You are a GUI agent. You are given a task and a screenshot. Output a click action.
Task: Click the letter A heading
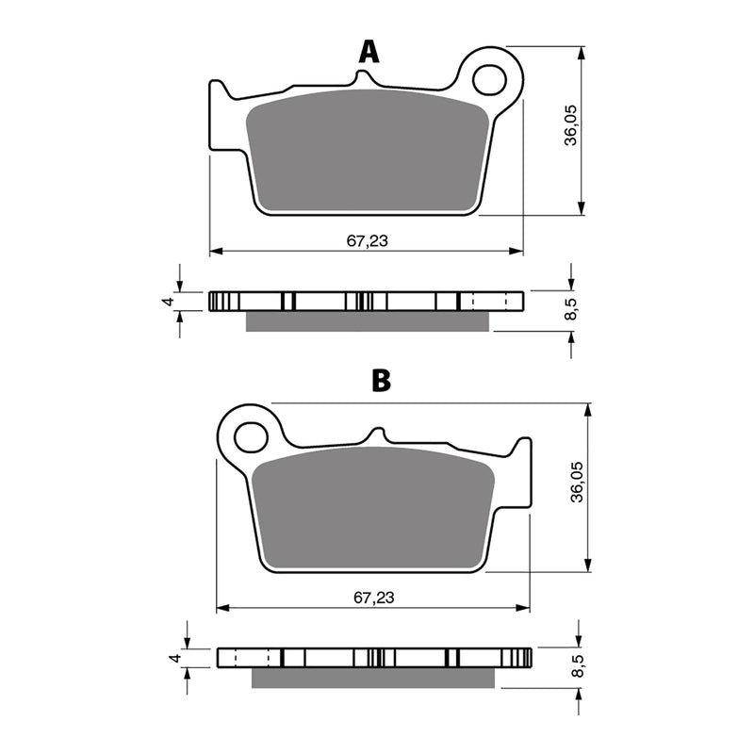pyautogui.click(x=369, y=52)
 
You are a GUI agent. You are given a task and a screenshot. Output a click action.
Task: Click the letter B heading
pyautogui.click(x=380, y=381)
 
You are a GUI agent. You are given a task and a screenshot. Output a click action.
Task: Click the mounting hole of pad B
pyautogui.click(x=251, y=437)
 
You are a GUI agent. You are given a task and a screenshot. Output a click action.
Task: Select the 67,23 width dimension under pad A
pyautogui.click(x=367, y=240)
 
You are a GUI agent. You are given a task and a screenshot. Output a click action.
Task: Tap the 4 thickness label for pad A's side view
pyautogui.click(x=165, y=302)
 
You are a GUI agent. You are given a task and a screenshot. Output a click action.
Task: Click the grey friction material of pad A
pyautogui.click(x=368, y=151)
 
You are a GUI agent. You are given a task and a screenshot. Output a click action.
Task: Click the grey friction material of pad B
pyautogui.click(x=375, y=509)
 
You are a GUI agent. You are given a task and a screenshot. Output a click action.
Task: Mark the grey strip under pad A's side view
pyautogui.click(x=368, y=321)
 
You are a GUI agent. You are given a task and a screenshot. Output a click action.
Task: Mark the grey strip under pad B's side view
pyautogui.click(x=374, y=678)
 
